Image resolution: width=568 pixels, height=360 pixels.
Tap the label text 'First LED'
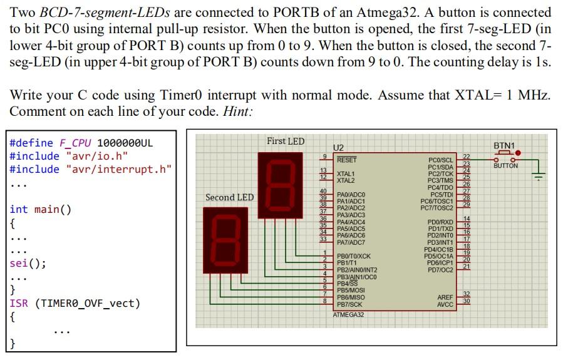tap(286, 141)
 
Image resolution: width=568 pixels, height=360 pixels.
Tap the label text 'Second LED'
tap(229, 197)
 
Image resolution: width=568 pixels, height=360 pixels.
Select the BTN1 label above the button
tap(503, 146)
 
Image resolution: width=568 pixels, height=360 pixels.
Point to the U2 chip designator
tap(339, 147)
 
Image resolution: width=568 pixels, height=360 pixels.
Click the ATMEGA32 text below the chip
tap(349, 314)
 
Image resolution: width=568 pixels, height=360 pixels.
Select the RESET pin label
tap(347, 160)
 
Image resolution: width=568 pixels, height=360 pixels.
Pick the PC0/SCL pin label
tap(440, 161)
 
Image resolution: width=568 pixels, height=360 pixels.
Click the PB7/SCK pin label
tap(350, 304)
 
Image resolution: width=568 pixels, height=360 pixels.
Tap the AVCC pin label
tap(445, 304)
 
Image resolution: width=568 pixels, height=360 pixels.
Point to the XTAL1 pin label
tap(346, 173)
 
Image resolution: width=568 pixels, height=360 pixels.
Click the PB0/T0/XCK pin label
tap(354, 256)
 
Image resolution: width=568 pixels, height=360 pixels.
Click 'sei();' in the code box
tap(28, 263)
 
